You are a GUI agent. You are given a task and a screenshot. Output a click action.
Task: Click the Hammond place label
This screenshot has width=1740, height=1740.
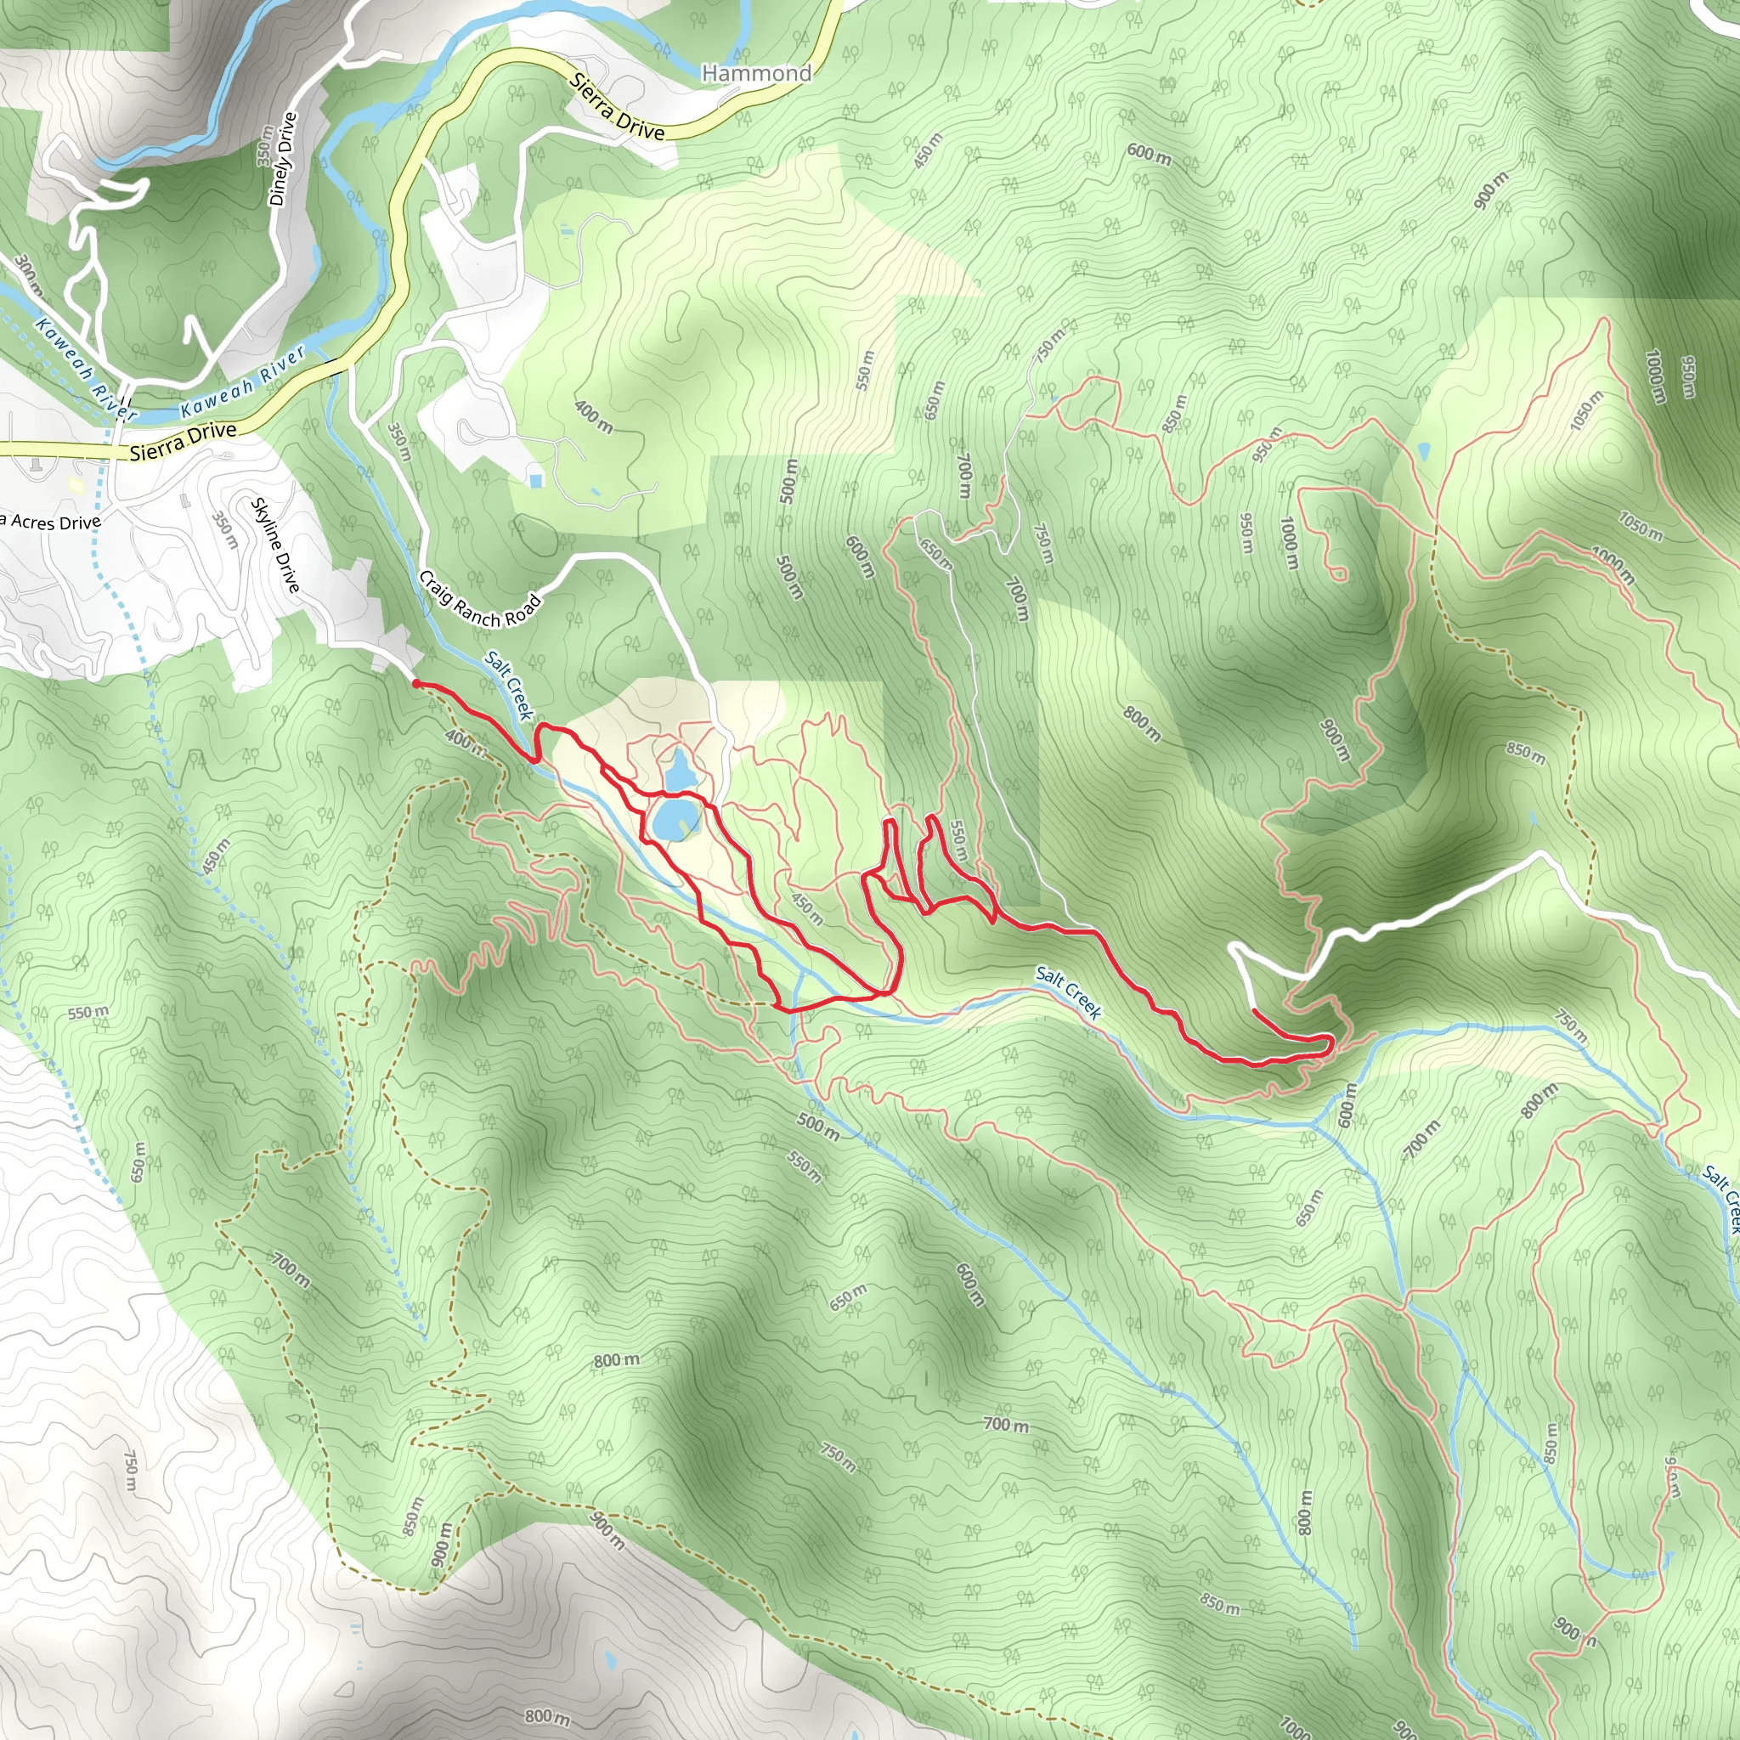click(x=756, y=73)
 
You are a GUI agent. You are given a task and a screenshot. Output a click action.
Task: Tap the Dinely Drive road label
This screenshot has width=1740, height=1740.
click(x=283, y=159)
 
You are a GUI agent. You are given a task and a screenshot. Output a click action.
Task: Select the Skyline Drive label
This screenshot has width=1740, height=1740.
click(x=275, y=545)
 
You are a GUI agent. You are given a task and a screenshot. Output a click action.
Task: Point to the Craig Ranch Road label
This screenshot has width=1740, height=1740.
click(x=480, y=600)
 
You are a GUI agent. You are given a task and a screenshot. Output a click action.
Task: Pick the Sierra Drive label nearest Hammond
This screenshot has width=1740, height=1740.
click(x=618, y=107)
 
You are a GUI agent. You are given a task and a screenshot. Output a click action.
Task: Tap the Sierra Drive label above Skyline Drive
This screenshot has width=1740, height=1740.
click(x=183, y=440)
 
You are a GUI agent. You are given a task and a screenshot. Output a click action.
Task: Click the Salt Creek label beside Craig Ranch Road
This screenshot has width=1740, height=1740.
click(x=510, y=685)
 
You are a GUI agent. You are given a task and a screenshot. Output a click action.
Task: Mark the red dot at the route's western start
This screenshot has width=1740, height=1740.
click(x=415, y=685)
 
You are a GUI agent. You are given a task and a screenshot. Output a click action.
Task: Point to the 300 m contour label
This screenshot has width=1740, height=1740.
click(x=27, y=274)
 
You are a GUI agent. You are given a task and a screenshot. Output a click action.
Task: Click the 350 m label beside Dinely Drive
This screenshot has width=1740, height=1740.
click(x=265, y=145)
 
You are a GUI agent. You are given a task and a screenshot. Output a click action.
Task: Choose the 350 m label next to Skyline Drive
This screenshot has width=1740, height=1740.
click(x=223, y=530)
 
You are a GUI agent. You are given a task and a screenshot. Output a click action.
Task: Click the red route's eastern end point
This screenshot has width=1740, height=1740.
click(x=1254, y=1011)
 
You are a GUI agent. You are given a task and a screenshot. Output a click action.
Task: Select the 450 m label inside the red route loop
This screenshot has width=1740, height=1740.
click(x=807, y=908)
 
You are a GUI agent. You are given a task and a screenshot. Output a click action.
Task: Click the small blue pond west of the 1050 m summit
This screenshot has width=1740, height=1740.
click(x=1424, y=450)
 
